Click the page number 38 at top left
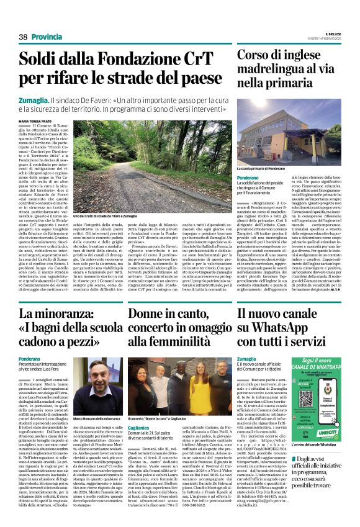23,37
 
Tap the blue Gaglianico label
142,428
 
